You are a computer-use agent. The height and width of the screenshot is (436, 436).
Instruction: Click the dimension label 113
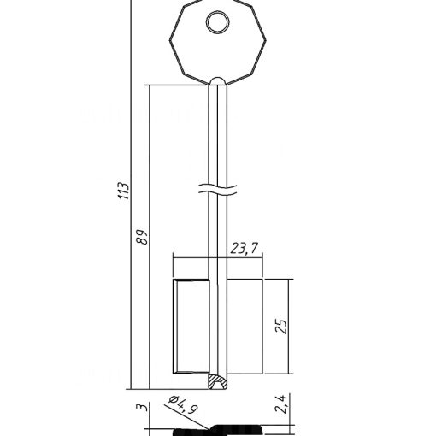point(124,191)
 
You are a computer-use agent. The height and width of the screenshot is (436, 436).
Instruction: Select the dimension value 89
point(142,236)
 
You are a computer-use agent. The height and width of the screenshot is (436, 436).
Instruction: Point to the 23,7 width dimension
point(245,248)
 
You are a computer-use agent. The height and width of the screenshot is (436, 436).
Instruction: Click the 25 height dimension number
point(280,327)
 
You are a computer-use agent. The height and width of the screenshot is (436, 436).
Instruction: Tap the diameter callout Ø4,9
point(183,404)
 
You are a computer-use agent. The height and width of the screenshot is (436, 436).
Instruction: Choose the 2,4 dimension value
point(280,404)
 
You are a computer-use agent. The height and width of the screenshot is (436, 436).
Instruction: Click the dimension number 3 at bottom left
point(142,407)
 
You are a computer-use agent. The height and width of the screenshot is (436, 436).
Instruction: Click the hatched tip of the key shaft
point(218,381)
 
